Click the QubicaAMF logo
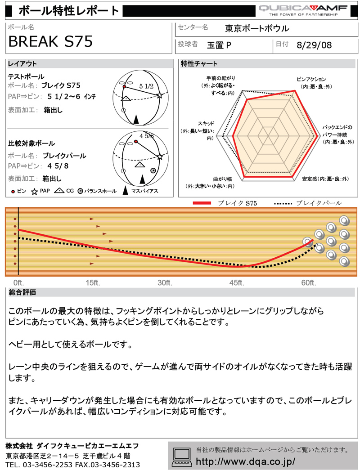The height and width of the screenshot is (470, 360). point(303,10)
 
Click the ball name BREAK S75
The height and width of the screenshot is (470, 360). point(50,41)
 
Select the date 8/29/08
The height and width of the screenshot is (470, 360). point(314,45)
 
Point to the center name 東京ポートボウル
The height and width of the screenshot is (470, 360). point(257,28)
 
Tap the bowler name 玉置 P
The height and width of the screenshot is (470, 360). point(219,45)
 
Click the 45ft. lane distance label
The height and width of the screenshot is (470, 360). point(237,282)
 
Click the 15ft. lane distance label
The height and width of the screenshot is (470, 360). point(93,282)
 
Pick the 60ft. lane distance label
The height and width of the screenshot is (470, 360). point(309,282)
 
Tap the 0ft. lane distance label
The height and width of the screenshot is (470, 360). point(18,282)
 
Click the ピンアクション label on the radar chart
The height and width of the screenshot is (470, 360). point(311,80)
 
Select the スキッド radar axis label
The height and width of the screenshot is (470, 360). point(206,124)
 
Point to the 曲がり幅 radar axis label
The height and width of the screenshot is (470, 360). point(222,179)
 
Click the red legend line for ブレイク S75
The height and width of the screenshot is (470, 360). point(202,203)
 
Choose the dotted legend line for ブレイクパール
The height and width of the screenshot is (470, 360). point(283,204)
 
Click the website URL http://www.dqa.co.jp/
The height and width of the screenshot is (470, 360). point(245,461)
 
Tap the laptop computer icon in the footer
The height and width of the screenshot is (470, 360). point(181,457)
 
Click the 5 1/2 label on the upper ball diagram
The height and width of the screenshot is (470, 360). point(146,86)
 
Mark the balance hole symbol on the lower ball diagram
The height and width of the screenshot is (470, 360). point(153,170)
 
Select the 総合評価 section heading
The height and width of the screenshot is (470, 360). point(22,292)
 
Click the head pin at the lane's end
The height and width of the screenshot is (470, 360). point(308,242)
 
